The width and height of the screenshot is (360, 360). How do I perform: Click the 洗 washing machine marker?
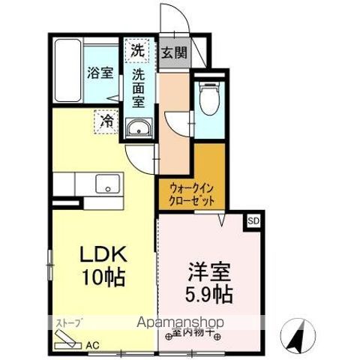pyautogui.click(x=138, y=50)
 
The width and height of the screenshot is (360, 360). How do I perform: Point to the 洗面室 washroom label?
pyautogui.click(x=139, y=86)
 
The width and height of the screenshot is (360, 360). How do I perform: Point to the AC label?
pyautogui.click(x=92, y=345)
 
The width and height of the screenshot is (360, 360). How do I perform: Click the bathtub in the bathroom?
pyautogui.click(x=67, y=71)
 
